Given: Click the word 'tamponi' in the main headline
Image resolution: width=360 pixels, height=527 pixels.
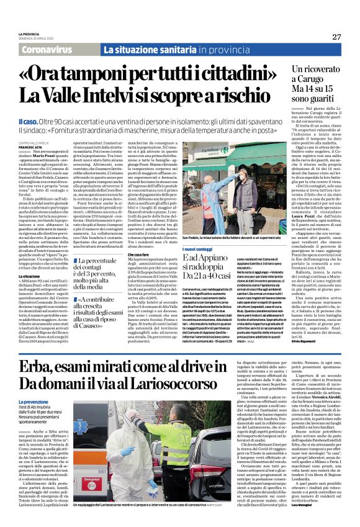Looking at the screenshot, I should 103,72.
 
